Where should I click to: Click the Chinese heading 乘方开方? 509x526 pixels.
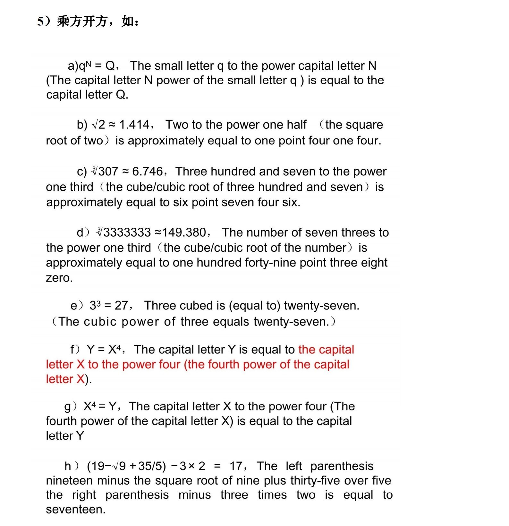click(x=82, y=22)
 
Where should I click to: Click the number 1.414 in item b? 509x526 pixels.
click(x=134, y=125)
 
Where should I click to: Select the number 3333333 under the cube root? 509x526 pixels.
click(x=127, y=232)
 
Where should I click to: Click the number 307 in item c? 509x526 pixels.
click(x=108, y=171)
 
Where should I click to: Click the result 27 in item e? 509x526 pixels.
click(x=121, y=305)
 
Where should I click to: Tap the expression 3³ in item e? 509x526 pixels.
click(x=95, y=305)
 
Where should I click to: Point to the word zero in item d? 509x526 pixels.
click(x=59, y=278)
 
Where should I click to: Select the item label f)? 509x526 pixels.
click(x=75, y=349)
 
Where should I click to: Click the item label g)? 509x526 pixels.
click(x=70, y=407)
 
